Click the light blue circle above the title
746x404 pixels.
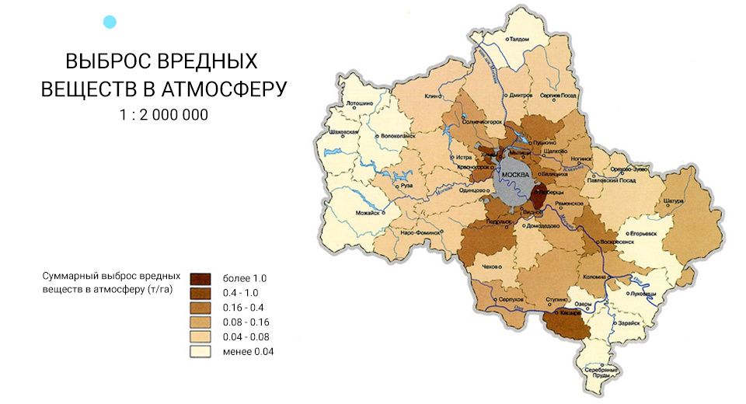110,23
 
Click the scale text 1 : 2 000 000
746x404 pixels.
163,114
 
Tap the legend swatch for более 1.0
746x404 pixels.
200,277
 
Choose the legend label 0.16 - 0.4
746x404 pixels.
243,307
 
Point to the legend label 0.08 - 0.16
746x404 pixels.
246,322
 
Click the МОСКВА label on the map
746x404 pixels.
515,175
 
